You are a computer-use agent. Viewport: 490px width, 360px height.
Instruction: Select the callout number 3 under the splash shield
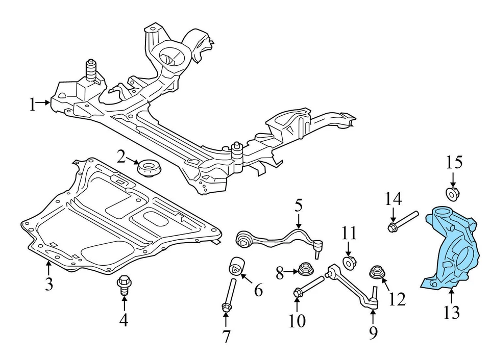point(48,284)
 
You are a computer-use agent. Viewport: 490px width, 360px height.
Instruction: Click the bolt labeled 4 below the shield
point(124,284)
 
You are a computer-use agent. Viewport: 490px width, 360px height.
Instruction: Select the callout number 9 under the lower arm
point(373,333)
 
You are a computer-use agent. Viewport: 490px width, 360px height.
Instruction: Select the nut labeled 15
point(452,194)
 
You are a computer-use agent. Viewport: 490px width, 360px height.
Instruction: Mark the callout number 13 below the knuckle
point(452,312)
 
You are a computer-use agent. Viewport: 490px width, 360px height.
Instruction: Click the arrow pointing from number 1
point(45,104)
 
